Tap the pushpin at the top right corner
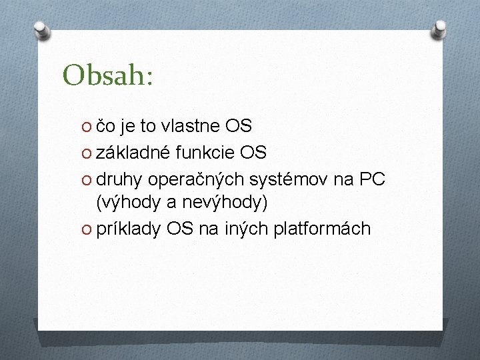point(440,27)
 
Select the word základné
point(134,153)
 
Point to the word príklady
point(128,229)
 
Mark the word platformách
point(321,229)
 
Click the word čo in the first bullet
point(107,126)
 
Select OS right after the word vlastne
point(238,126)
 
